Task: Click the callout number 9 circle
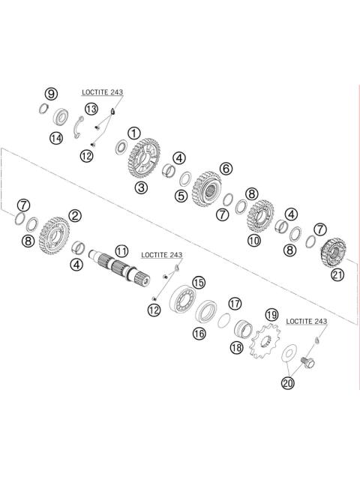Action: [51, 94]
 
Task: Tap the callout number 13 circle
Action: [91, 109]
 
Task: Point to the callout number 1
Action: [133, 133]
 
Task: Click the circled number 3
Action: [140, 187]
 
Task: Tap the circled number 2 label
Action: [75, 215]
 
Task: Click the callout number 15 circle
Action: [199, 282]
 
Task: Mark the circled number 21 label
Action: [337, 275]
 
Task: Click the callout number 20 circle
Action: [289, 383]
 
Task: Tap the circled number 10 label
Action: [254, 241]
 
